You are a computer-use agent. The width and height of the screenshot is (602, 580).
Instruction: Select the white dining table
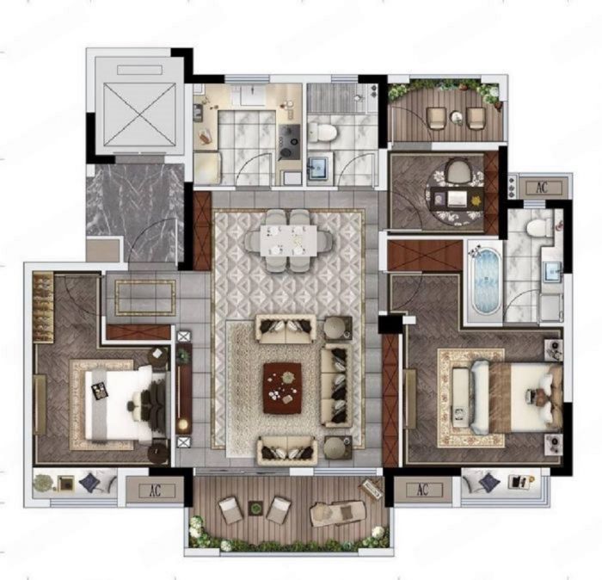tap(289, 240)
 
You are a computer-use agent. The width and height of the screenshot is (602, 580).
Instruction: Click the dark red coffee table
tap(282, 387)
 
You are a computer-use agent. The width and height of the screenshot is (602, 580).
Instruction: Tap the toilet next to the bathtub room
tap(538, 227)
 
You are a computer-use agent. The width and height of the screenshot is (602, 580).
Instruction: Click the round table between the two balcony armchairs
tap(457, 117)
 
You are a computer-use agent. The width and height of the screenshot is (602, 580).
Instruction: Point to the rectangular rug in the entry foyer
tap(145, 298)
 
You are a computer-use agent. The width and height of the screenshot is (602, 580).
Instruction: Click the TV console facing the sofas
tap(184, 388)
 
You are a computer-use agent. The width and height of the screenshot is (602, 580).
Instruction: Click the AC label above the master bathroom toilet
tap(542, 188)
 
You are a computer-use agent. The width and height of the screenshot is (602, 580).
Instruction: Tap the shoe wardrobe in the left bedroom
tap(43, 307)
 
